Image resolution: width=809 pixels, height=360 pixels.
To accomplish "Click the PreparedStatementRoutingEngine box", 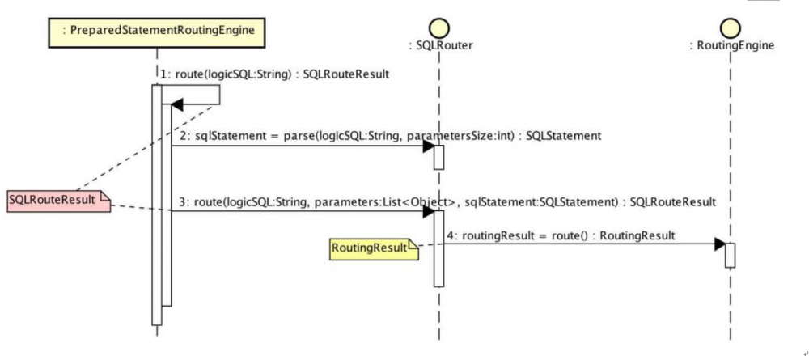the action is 156,31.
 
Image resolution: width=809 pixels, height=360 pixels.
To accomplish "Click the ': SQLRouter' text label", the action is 440,46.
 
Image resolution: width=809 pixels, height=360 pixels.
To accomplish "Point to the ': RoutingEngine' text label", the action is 732,46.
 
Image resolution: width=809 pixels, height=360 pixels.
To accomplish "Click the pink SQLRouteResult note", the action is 59,201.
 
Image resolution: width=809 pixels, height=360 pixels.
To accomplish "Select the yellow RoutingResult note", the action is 374,249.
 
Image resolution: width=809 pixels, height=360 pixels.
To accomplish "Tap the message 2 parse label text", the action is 391,136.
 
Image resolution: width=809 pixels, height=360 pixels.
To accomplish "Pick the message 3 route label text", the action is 447,203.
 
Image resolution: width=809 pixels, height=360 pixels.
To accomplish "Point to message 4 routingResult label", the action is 561,236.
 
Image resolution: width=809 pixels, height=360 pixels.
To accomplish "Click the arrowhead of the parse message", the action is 428,146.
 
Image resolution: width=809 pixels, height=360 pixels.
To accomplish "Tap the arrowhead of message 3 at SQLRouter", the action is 428,211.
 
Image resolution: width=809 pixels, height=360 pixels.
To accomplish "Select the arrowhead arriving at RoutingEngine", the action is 720,244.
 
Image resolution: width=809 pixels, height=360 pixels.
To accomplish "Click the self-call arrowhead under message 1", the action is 177,104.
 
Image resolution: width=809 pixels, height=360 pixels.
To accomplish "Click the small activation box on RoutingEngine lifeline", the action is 730,256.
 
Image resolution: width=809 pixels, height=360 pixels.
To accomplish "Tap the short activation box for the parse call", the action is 439,157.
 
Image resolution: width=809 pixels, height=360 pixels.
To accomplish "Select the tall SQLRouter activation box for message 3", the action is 439,248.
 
